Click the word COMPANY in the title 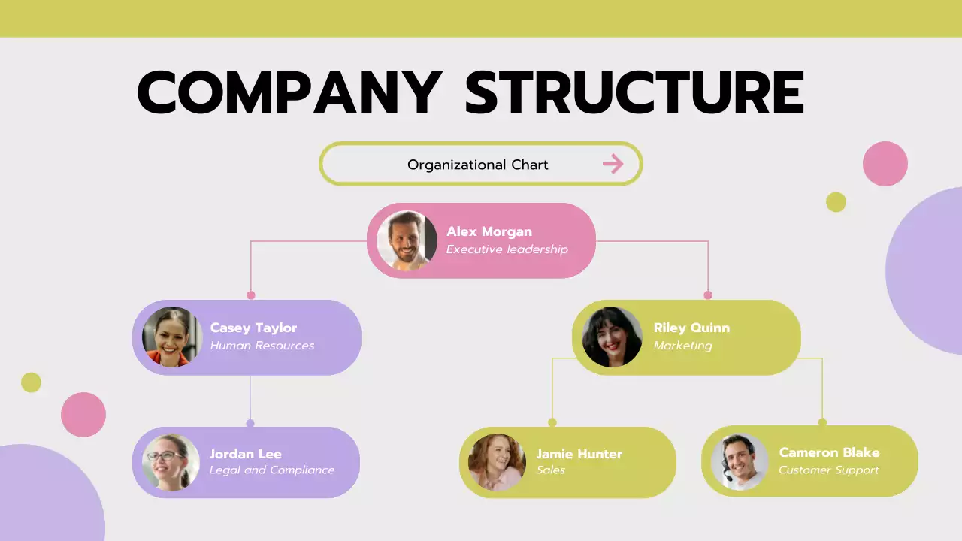(289, 93)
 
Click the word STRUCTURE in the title (634, 93)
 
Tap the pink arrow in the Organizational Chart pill (613, 164)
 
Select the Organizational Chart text (477, 165)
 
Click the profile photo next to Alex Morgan (407, 240)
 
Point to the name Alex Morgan (489, 231)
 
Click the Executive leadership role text (507, 249)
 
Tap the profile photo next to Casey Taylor (172, 337)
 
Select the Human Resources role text (262, 346)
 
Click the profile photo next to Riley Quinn (612, 337)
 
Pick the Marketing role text (682, 346)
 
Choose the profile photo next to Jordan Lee (171, 462)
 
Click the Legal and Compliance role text (271, 470)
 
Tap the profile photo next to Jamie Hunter (497, 462)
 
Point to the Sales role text (550, 470)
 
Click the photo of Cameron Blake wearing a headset (740, 461)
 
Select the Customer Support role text (828, 470)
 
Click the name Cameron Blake (829, 452)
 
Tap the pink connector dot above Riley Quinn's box (708, 295)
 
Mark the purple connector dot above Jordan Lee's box (250, 423)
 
